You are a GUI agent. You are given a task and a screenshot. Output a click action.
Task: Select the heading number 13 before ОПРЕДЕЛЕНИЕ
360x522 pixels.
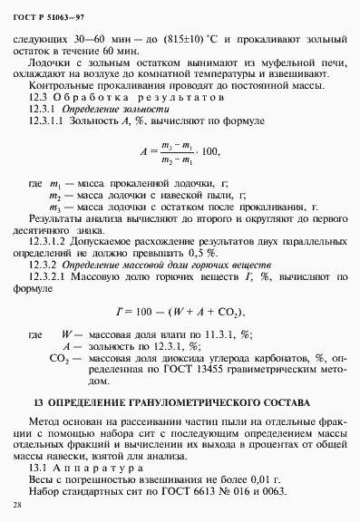click(37, 402)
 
